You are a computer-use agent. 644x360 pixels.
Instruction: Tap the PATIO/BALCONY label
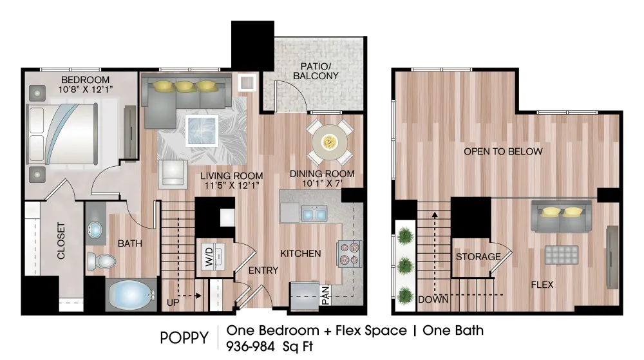coord(316,71)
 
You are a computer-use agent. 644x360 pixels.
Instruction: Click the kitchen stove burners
coord(348,253)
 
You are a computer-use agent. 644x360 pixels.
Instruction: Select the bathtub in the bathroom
coord(132,296)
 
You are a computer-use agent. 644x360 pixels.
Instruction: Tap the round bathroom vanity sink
coord(96,230)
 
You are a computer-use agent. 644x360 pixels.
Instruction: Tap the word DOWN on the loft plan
coord(433,299)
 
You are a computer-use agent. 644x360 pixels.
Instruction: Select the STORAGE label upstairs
coord(478,257)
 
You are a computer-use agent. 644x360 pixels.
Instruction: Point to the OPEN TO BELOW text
coord(503,151)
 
